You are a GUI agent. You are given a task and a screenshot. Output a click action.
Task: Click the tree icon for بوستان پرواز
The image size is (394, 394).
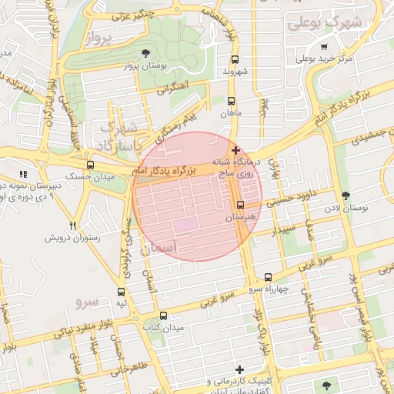coord(146,52)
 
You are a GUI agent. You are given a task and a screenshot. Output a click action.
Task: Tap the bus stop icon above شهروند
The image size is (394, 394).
coord(235,59)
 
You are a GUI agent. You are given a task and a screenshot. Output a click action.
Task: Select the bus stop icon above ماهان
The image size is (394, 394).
coord(232,101)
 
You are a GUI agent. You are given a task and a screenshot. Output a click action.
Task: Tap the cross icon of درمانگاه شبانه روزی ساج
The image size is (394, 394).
coord(235,150)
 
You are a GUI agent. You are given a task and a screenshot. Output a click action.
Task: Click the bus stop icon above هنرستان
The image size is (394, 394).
coord(240,205)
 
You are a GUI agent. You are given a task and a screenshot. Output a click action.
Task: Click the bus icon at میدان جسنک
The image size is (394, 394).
coord(91,165)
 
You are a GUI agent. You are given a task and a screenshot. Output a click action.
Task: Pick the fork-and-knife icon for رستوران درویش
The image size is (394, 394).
coord(73,226)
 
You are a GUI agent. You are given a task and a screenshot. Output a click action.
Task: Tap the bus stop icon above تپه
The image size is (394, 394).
coord(121,292)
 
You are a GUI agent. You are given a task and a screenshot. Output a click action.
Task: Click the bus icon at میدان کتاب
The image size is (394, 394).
coord(162,316)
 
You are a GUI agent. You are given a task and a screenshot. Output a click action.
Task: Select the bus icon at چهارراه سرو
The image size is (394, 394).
coord(268,277)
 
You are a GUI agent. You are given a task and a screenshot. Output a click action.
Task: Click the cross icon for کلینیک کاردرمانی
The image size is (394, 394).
coord(240,370)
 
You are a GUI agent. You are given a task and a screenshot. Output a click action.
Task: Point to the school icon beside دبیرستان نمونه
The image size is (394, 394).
coord(23,175)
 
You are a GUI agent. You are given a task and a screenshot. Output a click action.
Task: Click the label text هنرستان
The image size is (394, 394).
coord(240,219)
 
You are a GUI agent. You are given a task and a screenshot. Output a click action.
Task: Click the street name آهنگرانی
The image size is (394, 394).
coord(174,89)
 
